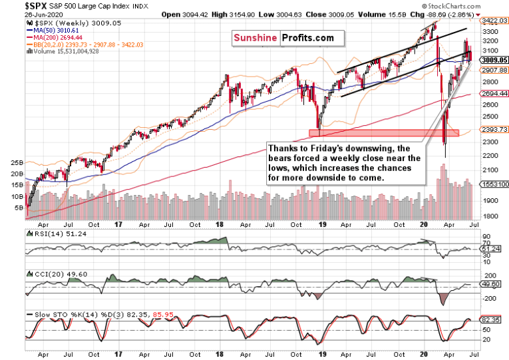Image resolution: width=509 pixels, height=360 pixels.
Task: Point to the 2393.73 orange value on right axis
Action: pos(494,130)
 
